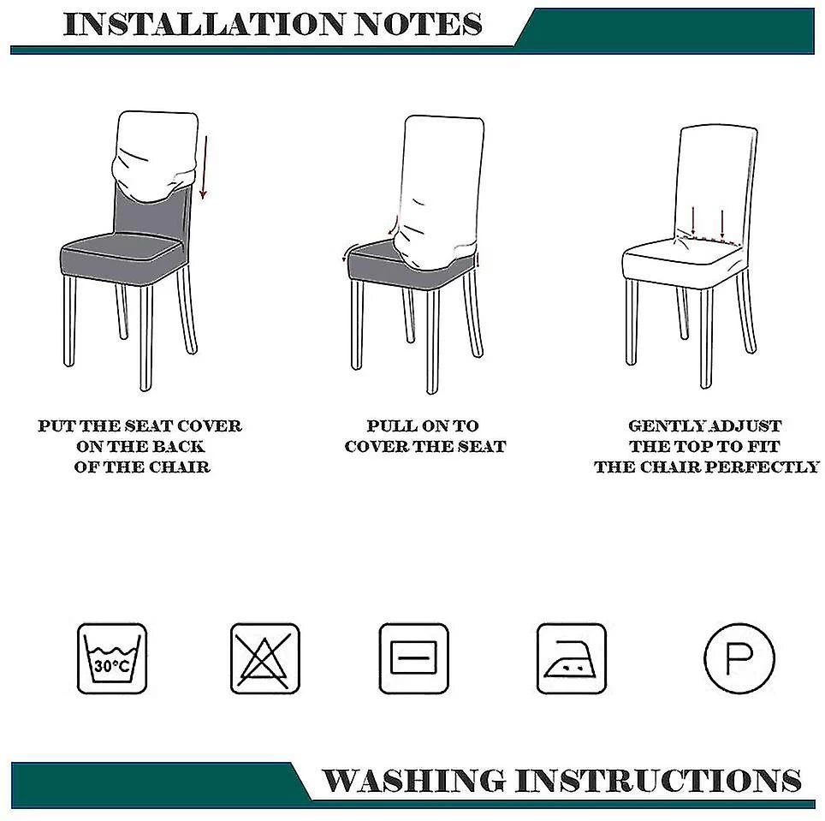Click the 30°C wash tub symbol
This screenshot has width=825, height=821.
point(112,658)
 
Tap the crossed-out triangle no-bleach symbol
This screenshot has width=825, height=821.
point(265,658)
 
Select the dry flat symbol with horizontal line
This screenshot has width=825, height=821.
point(414,658)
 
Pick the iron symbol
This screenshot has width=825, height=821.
point(572,658)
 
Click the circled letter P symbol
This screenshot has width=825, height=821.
point(739,658)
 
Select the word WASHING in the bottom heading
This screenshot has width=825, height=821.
point(413,780)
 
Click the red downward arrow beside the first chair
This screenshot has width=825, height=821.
point(205,167)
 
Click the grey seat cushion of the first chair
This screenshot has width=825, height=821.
point(121,255)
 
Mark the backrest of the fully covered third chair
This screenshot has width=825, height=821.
point(716,184)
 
